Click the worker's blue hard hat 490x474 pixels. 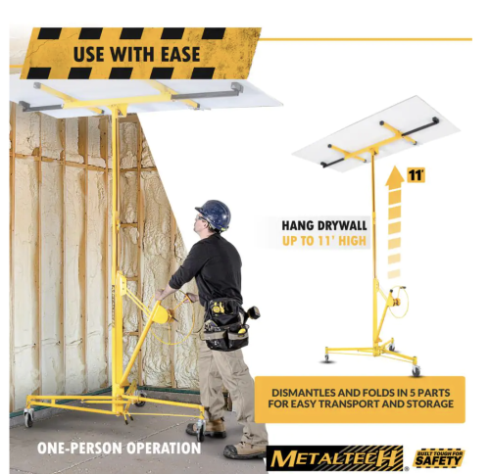214,213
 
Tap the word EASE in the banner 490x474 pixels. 180,55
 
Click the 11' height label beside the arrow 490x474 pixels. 416,175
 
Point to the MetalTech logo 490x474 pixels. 336,458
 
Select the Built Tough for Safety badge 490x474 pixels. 439,458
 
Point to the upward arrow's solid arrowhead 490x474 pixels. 395,176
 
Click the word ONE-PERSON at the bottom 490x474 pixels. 80,448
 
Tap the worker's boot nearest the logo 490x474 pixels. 244,450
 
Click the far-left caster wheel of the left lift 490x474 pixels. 28,417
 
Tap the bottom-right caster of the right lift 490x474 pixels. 416,371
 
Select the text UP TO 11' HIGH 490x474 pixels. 324,241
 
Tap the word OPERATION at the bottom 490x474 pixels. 164,448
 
